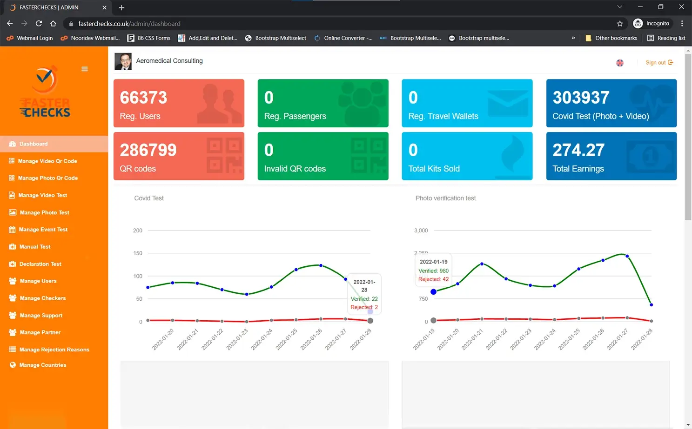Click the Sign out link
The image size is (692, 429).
click(658, 63)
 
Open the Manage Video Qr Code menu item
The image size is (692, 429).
click(47, 161)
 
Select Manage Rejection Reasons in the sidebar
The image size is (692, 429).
click(54, 350)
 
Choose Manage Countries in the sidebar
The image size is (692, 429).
click(42, 365)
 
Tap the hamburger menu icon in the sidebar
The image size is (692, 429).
click(85, 69)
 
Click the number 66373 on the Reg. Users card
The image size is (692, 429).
click(143, 98)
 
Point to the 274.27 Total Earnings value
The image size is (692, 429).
click(578, 150)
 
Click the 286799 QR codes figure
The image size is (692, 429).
click(148, 150)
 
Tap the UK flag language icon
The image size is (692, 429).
click(620, 63)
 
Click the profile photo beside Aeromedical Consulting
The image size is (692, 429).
click(123, 61)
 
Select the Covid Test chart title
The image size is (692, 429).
click(149, 198)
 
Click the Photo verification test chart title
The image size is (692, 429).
click(445, 198)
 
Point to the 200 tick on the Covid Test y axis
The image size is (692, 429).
click(138, 231)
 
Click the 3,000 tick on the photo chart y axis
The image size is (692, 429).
click(421, 231)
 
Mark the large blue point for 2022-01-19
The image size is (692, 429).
click(433, 292)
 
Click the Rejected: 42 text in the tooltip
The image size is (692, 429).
click(433, 279)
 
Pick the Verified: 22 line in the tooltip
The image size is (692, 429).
click(364, 299)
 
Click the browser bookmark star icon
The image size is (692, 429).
click(620, 24)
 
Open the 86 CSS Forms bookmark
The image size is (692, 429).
click(149, 38)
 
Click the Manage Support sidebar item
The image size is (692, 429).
click(41, 316)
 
